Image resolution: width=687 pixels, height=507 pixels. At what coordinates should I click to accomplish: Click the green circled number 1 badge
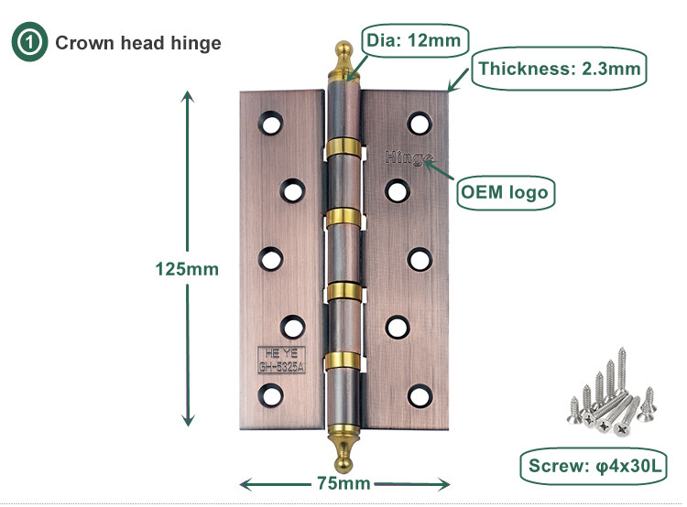[27, 43]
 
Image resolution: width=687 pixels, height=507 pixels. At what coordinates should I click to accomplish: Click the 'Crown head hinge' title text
[138, 43]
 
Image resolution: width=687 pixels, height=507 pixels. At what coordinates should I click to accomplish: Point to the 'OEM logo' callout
[504, 192]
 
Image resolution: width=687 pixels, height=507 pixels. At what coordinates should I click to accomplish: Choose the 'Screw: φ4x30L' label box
[594, 467]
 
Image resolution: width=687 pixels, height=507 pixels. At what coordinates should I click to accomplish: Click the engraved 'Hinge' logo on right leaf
[408, 157]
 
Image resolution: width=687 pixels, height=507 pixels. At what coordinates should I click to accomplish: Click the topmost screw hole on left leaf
[271, 121]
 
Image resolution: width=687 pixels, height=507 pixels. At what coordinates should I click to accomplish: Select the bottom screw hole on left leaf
[271, 394]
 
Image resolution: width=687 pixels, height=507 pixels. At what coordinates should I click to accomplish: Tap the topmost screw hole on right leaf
[419, 123]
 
